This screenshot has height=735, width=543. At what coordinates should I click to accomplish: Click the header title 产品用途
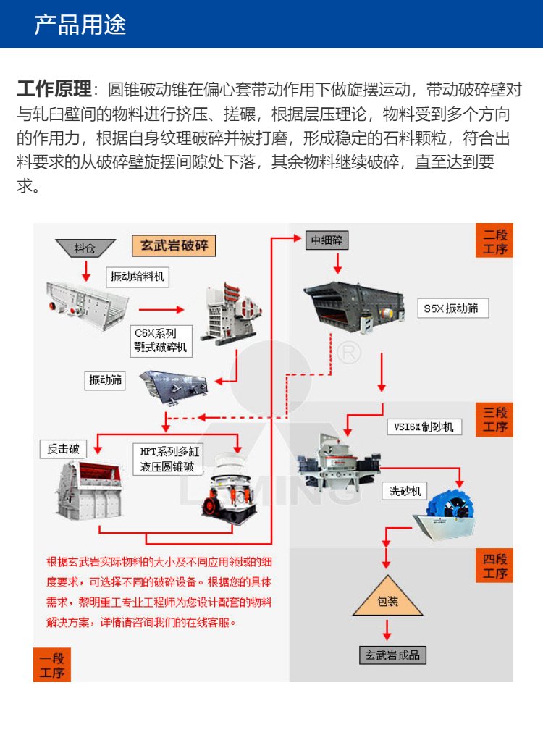tap(80, 25)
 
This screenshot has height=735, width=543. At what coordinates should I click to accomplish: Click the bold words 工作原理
tap(54, 90)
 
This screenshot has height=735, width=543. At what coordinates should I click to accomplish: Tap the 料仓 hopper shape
tap(84, 248)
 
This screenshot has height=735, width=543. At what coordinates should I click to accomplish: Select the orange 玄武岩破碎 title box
tap(174, 245)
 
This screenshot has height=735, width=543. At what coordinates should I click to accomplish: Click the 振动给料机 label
tap(137, 276)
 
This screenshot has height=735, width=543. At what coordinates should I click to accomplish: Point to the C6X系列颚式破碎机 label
tap(160, 340)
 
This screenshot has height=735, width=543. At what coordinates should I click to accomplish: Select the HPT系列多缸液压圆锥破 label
tap(167, 459)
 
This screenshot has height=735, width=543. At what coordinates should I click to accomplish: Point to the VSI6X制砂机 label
tap(424, 427)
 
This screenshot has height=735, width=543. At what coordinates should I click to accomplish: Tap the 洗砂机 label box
tap(404, 491)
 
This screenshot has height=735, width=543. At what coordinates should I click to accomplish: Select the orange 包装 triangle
tap(387, 598)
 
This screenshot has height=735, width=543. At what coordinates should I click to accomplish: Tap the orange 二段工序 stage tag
tap(495, 241)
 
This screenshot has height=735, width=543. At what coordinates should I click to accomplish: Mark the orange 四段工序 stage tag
tap(495, 566)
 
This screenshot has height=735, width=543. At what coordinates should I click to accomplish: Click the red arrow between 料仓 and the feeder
tap(86, 269)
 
